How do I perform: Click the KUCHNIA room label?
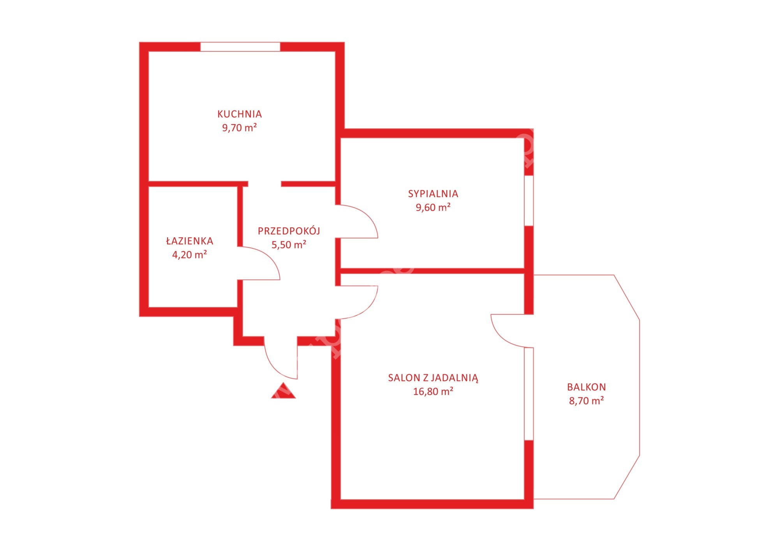point(240,114)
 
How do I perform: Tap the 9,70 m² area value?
point(240,128)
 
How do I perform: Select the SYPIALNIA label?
point(433,194)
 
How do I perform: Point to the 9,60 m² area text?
point(433,207)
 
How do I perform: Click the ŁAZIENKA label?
point(190,241)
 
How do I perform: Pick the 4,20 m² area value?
point(190,255)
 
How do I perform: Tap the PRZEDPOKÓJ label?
point(289,231)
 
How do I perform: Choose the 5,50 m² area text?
point(289,245)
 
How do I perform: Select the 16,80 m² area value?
point(433,391)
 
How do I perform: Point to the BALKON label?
point(587,387)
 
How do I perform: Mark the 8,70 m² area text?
point(587,401)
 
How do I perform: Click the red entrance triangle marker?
point(284,391)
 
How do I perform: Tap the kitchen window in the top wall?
point(240,47)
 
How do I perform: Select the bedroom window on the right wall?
point(529,200)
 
